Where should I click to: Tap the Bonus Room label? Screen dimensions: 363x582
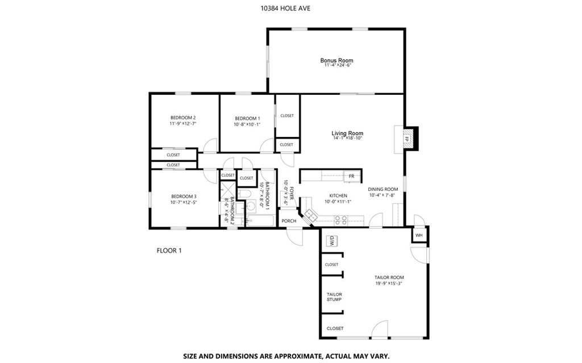click(336, 60)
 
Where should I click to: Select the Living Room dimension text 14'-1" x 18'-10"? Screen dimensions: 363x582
click(347, 138)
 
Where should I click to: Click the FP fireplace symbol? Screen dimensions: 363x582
click(407, 139)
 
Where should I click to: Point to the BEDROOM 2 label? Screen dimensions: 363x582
click(183, 118)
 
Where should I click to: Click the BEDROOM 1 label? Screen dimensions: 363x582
click(247, 118)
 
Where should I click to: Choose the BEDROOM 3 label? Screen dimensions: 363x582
click(183, 196)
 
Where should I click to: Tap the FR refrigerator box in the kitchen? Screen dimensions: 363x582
click(351, 176)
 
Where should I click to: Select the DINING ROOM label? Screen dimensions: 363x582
click(383, 189)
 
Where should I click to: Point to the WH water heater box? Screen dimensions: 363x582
click(419, 235)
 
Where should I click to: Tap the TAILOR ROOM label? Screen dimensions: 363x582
click(389, 277)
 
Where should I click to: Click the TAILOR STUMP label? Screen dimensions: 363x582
click(334, 297)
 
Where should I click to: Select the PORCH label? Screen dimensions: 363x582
click(289, 221)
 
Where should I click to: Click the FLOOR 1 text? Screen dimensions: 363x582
click(169, 250)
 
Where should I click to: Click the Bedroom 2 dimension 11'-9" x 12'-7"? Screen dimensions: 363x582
click(183, 124)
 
